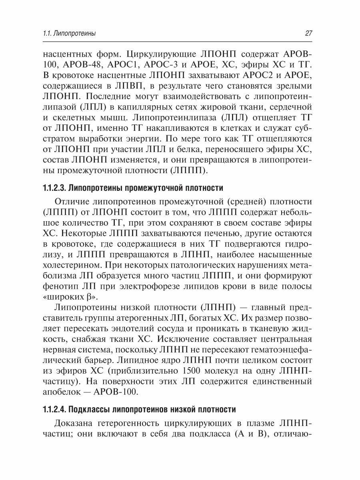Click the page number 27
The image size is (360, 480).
[x=308, y=34]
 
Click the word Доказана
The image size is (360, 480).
[x=78, y=424]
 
